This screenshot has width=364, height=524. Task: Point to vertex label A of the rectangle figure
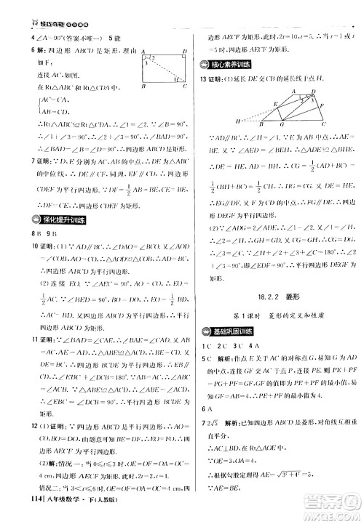pos(144,52)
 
